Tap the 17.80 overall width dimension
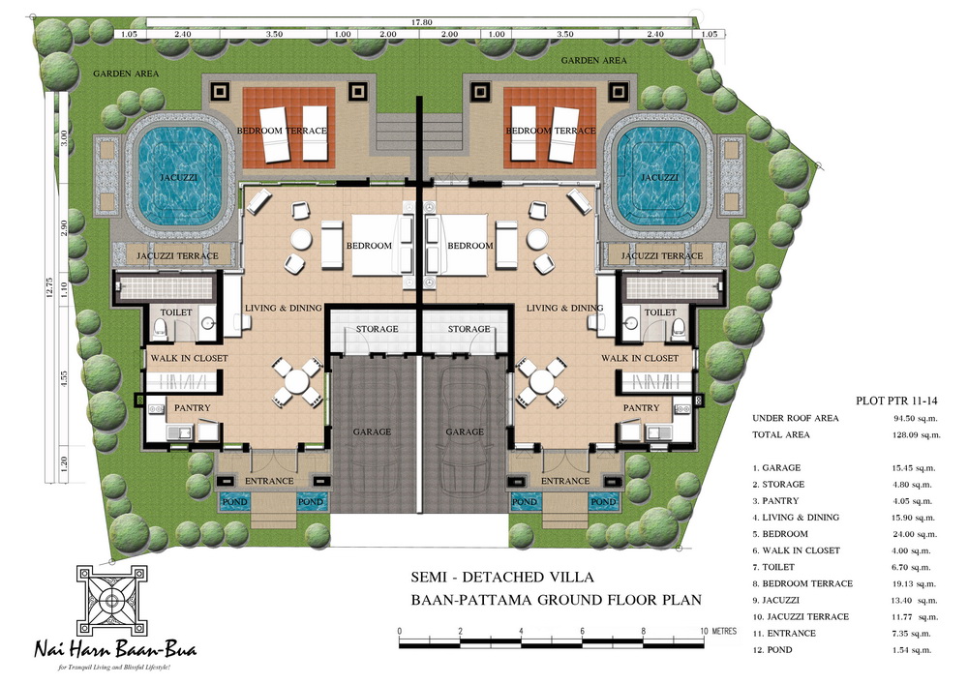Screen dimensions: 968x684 coord(422,22)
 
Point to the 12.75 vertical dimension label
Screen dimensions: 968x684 coord(49,287)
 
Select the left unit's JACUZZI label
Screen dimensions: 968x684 coord(179,178)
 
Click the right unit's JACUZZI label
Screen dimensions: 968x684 coord(659,178)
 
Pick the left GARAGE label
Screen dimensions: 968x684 coord(372,431)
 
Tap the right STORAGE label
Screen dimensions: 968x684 coord(469,329)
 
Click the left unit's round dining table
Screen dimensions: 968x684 coord(297,381)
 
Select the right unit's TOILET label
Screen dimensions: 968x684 coord(660,312)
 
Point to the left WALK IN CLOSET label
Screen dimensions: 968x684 coord(190,358)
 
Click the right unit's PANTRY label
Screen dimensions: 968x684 coord(641,407)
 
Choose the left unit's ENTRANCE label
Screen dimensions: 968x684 coord(269,481)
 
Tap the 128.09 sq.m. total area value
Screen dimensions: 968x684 coord(917,434)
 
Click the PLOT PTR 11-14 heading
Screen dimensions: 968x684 coord(896,401)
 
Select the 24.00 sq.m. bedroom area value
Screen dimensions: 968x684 coord(914,534)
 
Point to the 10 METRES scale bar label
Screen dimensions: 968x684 coord(718,631)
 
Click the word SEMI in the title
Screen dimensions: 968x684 coord(428,578)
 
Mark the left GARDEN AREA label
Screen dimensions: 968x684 coord(126,74)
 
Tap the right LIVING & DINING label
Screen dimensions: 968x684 coord(564,308)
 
